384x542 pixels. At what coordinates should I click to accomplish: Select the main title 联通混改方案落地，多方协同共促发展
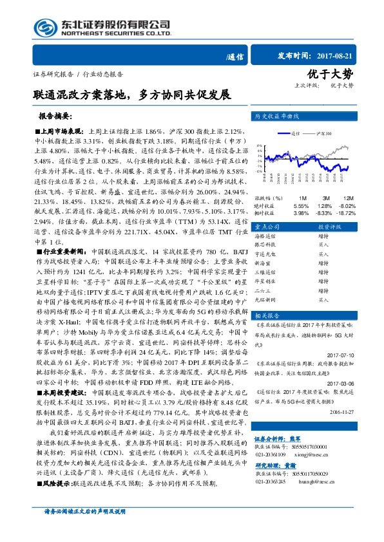133,95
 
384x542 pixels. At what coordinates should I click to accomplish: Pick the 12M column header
348,197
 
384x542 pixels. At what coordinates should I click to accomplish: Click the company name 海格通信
265,238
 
